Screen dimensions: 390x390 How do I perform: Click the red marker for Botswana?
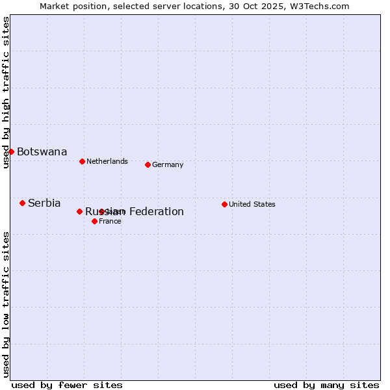(x=11, y=151)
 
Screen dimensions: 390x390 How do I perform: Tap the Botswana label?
(x=42, y=152)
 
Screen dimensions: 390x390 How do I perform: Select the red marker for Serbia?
(x=22, y=203)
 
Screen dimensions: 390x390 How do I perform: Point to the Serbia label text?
(x=44, y=203)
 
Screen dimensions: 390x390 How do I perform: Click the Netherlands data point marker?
(x=82, y=161)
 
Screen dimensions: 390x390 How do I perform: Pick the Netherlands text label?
(x=107, y=161)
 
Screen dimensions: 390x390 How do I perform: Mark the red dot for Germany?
(x=148, y=164)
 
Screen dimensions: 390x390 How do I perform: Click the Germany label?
(x=168, y=165)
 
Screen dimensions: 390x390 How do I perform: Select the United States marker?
(x=224, y=204)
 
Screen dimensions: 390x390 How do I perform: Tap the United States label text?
(x=252, y=204)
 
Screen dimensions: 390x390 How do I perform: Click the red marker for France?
(x=94, y=221)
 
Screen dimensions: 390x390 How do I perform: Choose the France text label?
(x=110, y=221)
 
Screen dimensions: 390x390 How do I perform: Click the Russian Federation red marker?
(x=79, y=211)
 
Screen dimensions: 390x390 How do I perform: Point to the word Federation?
(x=156, y=212)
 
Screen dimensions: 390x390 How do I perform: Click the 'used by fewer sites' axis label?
(x=67, y=385)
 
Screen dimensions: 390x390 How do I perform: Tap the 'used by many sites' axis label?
(x=326, y=385)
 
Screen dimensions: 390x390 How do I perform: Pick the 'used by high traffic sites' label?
(x=6, y=92)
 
